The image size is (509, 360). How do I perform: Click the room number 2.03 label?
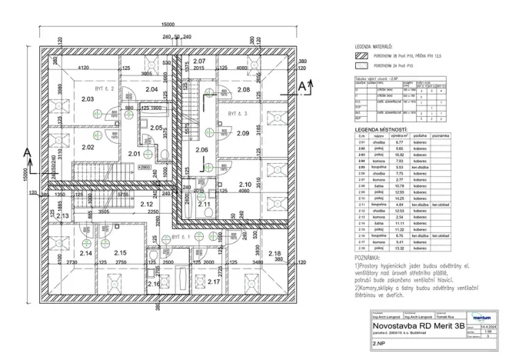(x=87, y=99)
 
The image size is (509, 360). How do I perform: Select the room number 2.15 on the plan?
(x=120, y=253)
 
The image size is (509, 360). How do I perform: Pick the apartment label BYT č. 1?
(x=181, y=238)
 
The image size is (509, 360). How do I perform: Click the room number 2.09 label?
(x=243, y=133)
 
